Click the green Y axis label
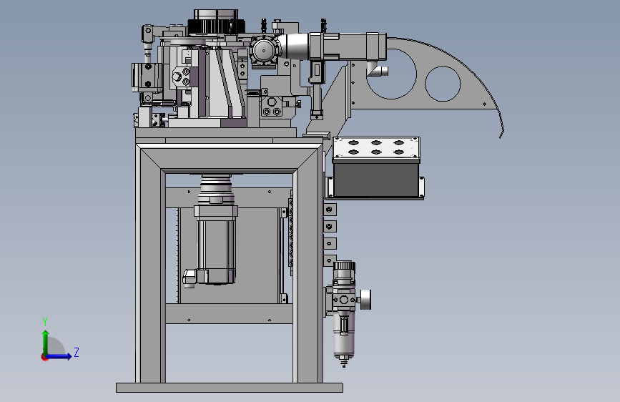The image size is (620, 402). (x=45, y=322)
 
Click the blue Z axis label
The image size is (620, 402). (x=77, y=352)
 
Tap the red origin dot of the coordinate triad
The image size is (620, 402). (x=44, y=357)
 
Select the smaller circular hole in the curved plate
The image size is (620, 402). (x=443, y=84)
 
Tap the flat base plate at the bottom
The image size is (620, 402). (x=230, y=388)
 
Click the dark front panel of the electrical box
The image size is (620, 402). (x=376, y=180)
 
